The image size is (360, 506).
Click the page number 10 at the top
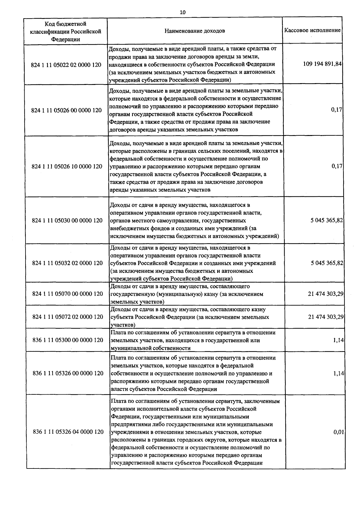[x=182, y=12]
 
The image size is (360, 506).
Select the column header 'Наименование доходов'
[x=194, y=31]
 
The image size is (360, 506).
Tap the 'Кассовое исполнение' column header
[x=312, y=30]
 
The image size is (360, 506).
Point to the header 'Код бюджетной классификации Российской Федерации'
[x=66, y=31]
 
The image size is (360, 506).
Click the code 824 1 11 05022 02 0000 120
[x=66, y=65]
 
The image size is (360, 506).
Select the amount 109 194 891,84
[x=322, y=64]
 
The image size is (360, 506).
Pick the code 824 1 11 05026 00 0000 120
[x=66, y=110]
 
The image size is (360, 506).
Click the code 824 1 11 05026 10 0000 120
[x=67, y=166]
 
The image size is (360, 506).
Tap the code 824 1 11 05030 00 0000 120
[x=67, y=220]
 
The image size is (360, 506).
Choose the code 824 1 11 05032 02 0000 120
[x=67, y=263]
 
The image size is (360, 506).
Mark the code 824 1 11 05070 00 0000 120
[x=67, y=294]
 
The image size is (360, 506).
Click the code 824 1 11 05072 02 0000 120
[x=67, y=317]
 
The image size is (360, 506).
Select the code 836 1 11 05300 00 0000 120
[x=68, y=340]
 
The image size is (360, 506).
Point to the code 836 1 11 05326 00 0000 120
[x=68, y=373]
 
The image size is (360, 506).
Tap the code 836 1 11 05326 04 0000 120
[x=68, y=432]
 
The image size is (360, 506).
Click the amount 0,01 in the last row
[x=338, y=432]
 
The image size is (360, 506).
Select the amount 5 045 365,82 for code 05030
[x=327, y=220]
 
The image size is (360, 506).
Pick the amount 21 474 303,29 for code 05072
[x=325, y=317]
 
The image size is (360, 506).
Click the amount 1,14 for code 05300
[x=338, y=340]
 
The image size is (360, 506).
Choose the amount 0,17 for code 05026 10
[x=337, y=166]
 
